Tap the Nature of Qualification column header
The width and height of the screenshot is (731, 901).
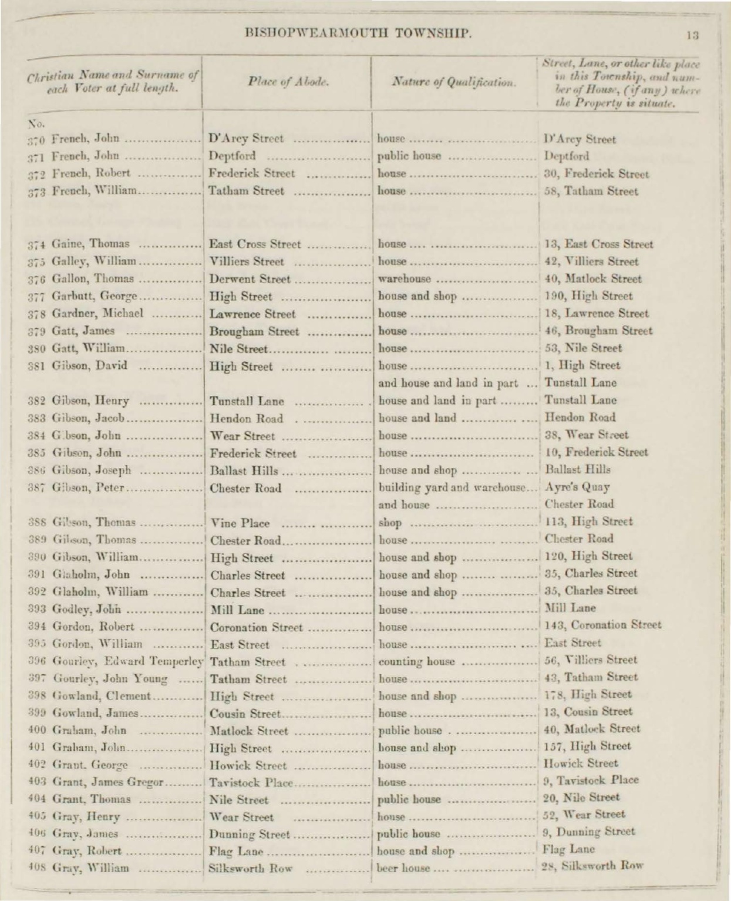454,83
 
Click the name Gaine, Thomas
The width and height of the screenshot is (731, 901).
90,244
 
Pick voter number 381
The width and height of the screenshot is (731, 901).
38,365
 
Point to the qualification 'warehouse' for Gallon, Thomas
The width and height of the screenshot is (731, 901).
405,279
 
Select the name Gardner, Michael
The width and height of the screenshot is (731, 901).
97,314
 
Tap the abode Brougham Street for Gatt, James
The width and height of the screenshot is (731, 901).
254,331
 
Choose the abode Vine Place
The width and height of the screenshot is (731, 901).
240,523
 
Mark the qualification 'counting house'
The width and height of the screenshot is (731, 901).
416,662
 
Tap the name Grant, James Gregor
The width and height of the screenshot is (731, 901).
107,782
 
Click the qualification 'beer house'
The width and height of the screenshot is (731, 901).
403,868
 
